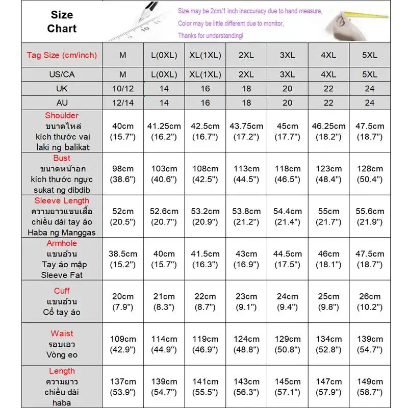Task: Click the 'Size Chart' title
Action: coord(62,22)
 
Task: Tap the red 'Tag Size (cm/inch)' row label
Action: coord(62,55)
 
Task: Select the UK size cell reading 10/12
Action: coord(123,88)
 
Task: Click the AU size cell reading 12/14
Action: coord(123,103)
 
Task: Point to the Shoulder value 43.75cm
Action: coord(246,131)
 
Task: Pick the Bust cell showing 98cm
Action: coord(123,174)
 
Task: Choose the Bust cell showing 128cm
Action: coord(370,174)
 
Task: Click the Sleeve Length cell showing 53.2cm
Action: coord(205,216)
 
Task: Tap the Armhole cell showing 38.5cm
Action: coord(123,259)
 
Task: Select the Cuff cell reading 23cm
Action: coord(246,301)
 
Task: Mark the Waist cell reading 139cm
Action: coord(370,344)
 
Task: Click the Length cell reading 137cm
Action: coord(123,387)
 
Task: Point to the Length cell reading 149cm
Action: coord(370,387)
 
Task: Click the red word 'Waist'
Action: coord(62,334)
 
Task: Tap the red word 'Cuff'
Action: coord(62,291)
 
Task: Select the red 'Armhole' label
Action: coord(62,243)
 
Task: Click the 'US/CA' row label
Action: coord(62,74)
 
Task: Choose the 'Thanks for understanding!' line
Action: coord(211,36)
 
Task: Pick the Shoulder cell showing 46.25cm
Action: coord(328,131)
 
